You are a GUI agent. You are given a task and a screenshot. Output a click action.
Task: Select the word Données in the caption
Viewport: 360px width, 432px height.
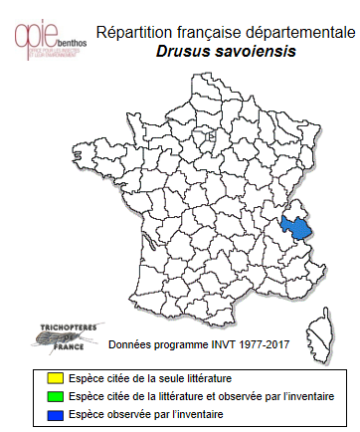[130, 345]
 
